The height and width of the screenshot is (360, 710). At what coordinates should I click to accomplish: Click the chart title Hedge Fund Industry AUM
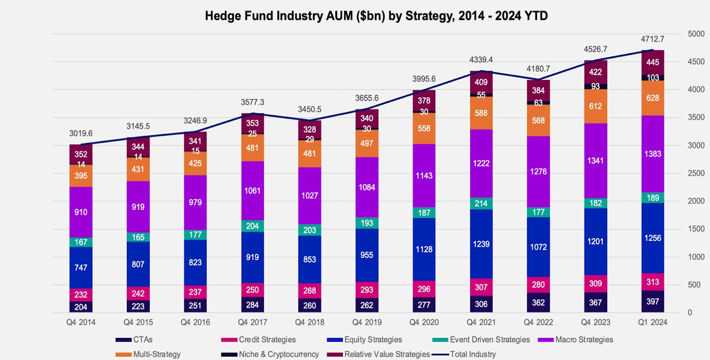(x=376, y=16)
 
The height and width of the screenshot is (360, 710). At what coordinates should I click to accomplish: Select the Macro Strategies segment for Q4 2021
(x=481, y=163)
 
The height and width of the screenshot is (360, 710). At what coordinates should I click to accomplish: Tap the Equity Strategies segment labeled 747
(x=81, y=267)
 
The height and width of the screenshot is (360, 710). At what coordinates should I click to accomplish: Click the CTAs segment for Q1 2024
(x=653, y=302)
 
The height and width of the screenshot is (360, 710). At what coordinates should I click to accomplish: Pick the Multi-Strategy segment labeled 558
(x=424, y=129)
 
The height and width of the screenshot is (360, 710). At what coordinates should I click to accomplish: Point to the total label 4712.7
(x=653, y=39)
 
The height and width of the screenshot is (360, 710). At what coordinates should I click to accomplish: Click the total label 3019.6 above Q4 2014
(x=81, y=133)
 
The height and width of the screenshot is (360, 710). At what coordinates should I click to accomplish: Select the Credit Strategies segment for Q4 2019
(x=367, y=290)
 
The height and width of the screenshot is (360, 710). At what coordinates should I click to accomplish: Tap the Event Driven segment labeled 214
(x=481, y=203)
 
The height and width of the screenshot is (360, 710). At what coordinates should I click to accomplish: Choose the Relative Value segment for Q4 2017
(x=252, y=123)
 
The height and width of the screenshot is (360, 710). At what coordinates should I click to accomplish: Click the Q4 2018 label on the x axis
(x=309, y=322)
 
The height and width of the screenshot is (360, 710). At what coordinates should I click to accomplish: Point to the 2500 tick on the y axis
(x=696, y=173)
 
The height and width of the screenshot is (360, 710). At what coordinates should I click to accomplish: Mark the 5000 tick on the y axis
(x=696, y=34)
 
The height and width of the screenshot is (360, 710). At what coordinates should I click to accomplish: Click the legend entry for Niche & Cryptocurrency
(x=279, y=354)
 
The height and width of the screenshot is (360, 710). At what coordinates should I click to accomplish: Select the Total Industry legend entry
(x=473, y=354)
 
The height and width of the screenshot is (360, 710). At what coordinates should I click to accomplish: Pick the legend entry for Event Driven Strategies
(x=489, y=340)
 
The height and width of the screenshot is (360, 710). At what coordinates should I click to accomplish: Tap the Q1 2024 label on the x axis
(x=653, y=322)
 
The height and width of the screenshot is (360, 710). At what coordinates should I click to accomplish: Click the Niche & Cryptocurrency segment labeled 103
(x=653, y=78)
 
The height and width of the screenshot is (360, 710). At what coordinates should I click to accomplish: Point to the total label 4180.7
(x=538, y=69)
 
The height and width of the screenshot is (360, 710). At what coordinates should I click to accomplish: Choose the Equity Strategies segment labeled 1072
(x=538, y=247)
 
